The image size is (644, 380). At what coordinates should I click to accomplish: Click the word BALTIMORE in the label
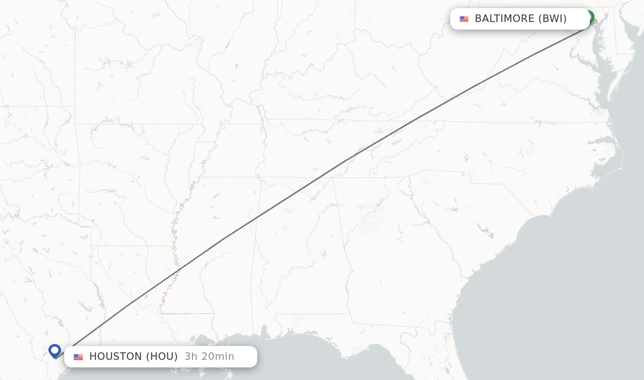pyautogui.click(x=504, y=19)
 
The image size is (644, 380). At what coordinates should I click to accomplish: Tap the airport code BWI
pyautogui.click(x=553, y=19)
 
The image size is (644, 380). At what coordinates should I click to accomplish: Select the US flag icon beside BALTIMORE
pyautogui.click(x=464, y=19)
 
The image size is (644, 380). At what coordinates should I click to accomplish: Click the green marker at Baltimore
pyautogui.click(x=590, y=16)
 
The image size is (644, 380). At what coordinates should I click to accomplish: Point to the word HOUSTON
pyautogui.click(x=116, y=357)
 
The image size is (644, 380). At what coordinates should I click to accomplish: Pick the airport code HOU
pyautogui.click(x=162, y=357)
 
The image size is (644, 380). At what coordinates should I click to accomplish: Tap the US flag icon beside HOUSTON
pyautogui.click(x=78, y=357)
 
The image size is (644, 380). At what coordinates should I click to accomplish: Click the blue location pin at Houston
pyautogui.click(x=55, y=350)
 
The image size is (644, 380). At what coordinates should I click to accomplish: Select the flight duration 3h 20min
pyautogui.click(x=209, y=357)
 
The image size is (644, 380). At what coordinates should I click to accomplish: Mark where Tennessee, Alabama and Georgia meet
pyautogui.click(x=333, y=177)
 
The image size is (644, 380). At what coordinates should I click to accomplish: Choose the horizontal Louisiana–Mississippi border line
pyautogui.click(x=186, y=313)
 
